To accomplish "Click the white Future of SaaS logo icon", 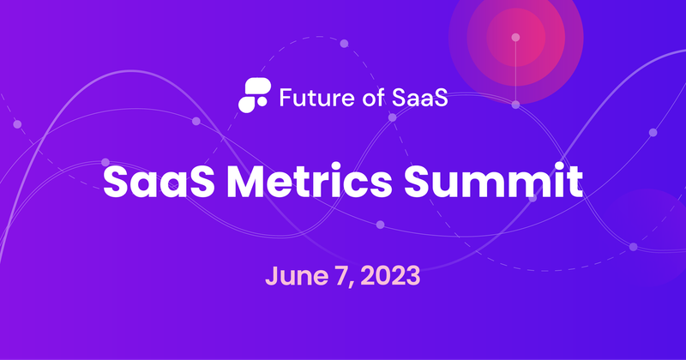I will click(x=253, y=93).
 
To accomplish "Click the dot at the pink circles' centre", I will click(x=516, y=37).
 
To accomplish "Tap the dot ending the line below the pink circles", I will click(x=516, y=105).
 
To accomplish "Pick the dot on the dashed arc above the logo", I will click(x=344, y=43).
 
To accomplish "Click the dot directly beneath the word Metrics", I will click(x=380, y=225).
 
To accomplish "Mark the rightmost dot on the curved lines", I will click(x=653, y=132).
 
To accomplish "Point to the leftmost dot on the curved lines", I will click(x=17, y=125).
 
